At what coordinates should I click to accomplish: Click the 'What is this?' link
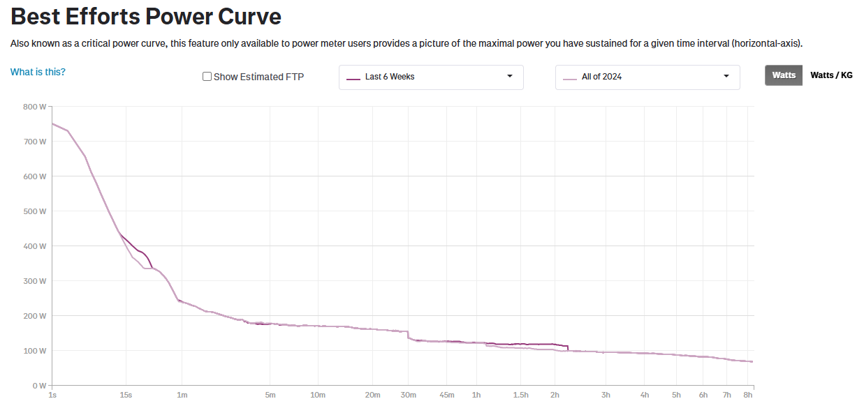click(38, 72)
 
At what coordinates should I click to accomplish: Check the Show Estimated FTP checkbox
click(207, 77)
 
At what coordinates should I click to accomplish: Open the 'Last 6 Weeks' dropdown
click(431, 77)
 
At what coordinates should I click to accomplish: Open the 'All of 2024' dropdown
click(647, 77)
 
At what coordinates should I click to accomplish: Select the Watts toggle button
click(784, 75)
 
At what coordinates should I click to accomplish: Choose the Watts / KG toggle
click(831, 75)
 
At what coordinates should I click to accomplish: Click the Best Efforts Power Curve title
click(146, 17)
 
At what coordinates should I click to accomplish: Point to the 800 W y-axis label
click(34, 107)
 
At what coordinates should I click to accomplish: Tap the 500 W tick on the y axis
click(34, 211)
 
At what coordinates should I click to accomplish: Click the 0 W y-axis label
click(38, 386)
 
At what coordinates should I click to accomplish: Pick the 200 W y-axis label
click(34, 316)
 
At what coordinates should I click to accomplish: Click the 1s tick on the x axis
click(52, 395)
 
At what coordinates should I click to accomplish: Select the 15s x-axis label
click(126, 395)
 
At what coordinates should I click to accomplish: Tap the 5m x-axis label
click(270, 395)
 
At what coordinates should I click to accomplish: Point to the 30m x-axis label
click(408, 395)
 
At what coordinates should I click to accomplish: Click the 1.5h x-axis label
click(520, 395)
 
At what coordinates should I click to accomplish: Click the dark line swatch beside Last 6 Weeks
click(353, 77)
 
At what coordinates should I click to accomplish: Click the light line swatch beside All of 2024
click(570, 77)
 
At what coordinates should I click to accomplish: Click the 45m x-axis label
click(447, 395)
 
